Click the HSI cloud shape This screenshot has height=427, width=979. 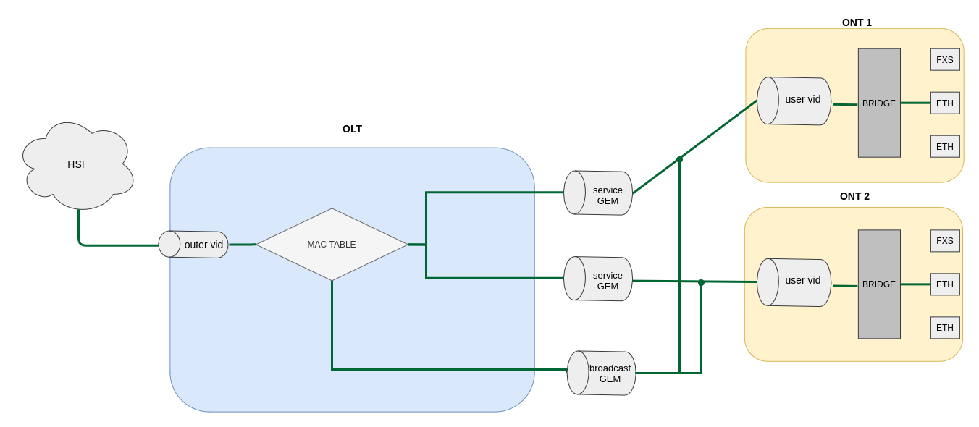pos(77,165)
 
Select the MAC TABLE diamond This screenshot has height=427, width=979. pos(332,245)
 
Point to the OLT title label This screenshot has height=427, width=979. pos(352,129)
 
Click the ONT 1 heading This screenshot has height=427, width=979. pos(857,22)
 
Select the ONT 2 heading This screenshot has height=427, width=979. pos(854,196)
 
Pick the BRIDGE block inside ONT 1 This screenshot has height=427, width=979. pos(879,103)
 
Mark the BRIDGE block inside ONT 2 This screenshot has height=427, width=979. pos(879,284)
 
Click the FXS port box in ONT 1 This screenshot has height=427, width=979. pos(945,59)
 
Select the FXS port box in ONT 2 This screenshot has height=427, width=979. pos(945,241)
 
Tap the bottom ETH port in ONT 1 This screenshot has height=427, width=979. pos(945,146)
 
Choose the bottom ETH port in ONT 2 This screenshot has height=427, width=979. pos(945,328)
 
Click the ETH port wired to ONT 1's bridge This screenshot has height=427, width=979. pos(945,103)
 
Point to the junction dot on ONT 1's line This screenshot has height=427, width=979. pos(679,159)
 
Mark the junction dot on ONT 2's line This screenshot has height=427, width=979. pos(701,282)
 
